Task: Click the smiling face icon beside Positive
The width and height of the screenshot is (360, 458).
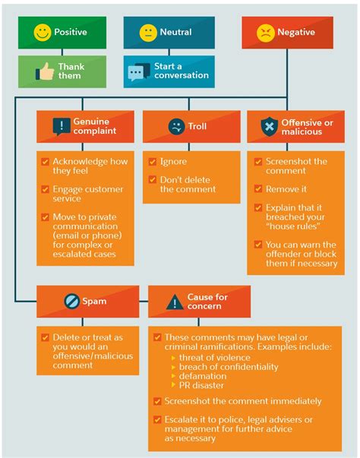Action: pyautogui.click(x=43, y=32)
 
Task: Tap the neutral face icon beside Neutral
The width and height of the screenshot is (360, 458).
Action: pyautogui.click(x=148, y=33)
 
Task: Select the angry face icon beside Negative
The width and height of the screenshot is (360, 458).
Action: pyautogui.click(x=265, y=33)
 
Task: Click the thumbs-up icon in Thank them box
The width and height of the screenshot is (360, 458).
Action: pyautogui.click(x=45, y=71)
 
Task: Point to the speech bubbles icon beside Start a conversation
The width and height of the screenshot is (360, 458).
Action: pyautogui.click(x=139, y=72)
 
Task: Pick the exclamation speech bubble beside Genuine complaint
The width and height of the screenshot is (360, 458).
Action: pyautogui.click(x=62, y=127)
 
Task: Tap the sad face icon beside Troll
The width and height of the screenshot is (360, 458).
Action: pyautogui.click(x=176, y=127)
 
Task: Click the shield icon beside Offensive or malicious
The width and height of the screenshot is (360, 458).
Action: pyautogui.click(x=269, y=127)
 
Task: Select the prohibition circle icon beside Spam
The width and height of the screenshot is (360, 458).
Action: pyautogui.click(x=71, y=301)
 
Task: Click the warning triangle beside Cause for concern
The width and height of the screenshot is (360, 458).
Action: pyautogui.click(x=175, y=302)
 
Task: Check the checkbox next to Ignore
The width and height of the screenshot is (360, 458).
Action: pyautogui.click(x=153, y=161)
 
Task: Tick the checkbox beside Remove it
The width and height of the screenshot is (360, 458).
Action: pyautogui.click(x=258, y=188)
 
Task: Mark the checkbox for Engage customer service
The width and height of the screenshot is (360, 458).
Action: pyautogui.click(x=45, y=189)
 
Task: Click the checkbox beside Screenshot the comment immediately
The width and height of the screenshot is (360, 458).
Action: pyautogui.click(x=157, y=401)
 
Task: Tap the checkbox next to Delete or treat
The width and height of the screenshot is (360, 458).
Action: pyautogui.click(x=45, y=337)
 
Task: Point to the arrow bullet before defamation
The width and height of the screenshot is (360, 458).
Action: pyautogui.click(x=173, y=376)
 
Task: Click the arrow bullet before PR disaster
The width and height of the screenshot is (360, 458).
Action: pyautogui.click(x=173, y=385)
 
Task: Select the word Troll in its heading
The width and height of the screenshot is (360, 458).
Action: pyautogui.click(x=197, y=126)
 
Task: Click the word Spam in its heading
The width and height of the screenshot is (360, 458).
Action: pyautogui.click(x=94, y=301)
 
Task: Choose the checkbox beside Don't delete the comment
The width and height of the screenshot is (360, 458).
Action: pyautogui.click(x=153, y=179)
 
